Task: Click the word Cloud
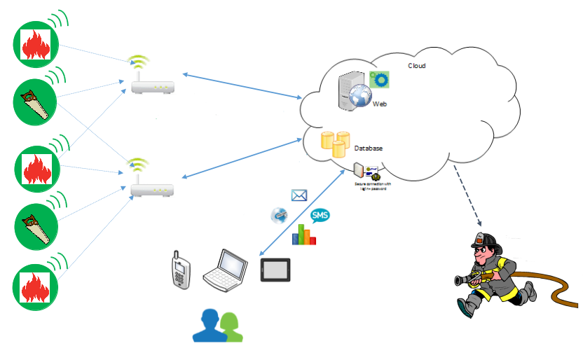(417, 65)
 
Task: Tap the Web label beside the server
(380, 103)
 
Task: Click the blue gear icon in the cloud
(379, 79)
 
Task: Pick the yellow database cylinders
(334, 143)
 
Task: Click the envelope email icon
(299, 195)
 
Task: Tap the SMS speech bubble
(320, 215)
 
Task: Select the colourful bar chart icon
(303, 235)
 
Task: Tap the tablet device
(275, 270)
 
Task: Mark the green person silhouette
(231, 328)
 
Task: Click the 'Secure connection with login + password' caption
(369, 186)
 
